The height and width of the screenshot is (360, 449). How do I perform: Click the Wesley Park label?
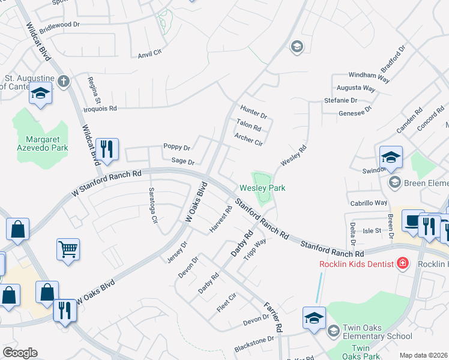(262, 188)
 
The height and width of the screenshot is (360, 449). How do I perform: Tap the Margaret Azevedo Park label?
(46, 143)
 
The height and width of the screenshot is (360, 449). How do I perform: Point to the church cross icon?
(64, 80)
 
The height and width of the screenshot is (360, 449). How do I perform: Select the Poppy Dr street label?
(176, 147)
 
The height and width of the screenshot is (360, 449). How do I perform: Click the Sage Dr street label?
(183, 161)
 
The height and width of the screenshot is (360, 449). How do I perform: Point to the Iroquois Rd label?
(100, 109)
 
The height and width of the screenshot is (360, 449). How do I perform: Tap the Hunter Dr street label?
(253, 112)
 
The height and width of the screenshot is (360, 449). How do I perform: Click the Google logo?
(20, 353)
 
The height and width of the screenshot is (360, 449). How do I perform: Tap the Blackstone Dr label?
(253, 339)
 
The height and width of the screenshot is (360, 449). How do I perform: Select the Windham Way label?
(370, 76)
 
